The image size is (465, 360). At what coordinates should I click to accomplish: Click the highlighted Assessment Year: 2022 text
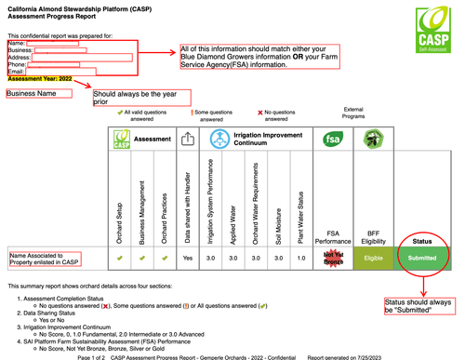(x=39, y=78)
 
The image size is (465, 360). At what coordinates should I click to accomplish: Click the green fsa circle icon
(x=333, y=139)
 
